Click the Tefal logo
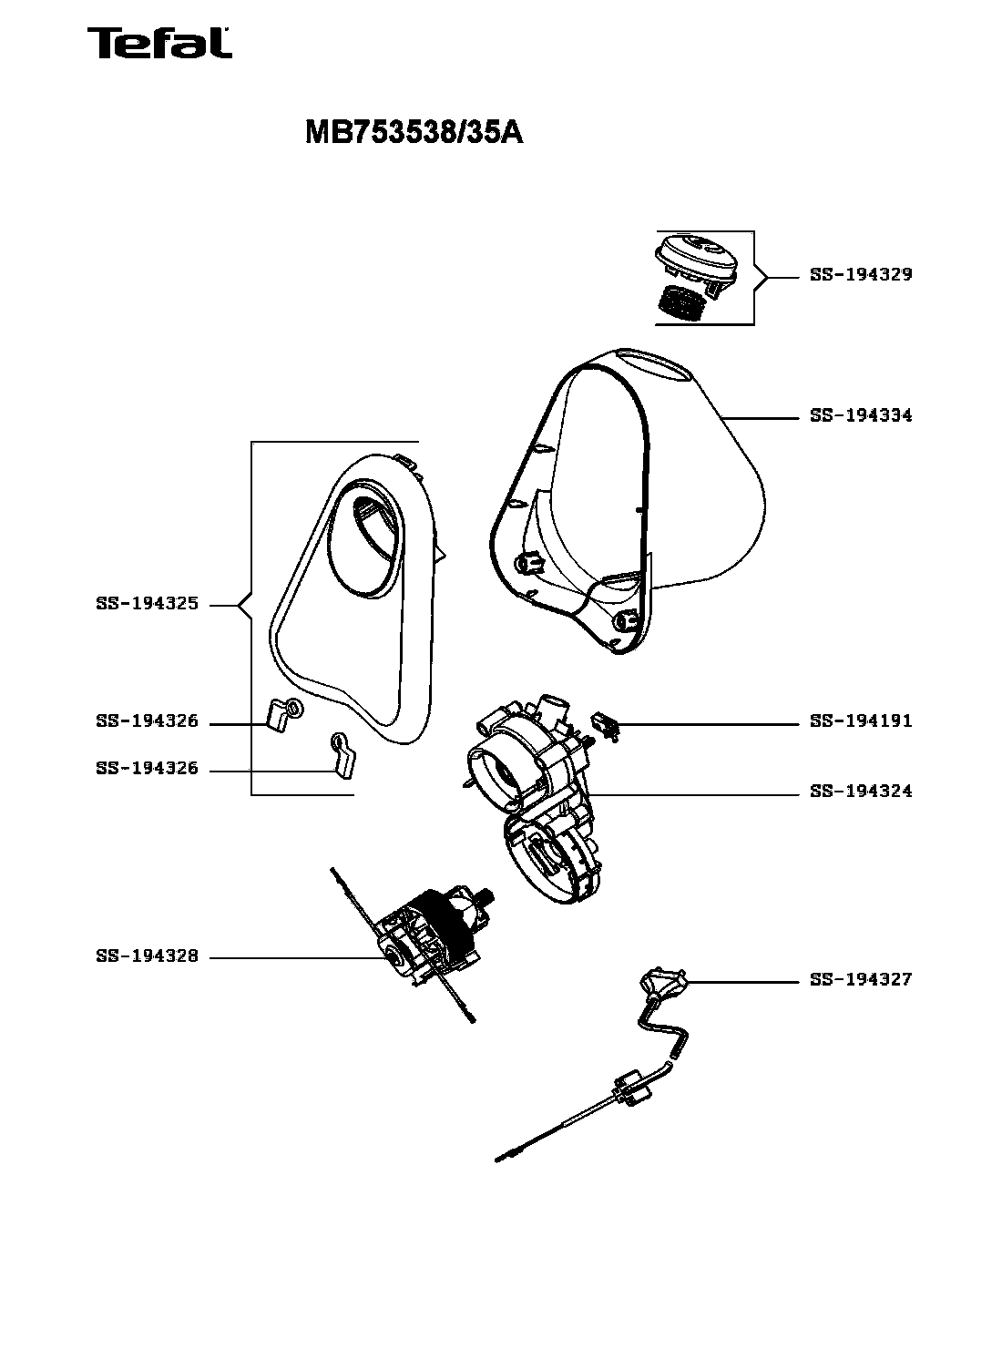tap(159, 43)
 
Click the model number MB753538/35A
tap(414, 132)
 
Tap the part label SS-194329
tap(861, 274)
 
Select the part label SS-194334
tap(861, 415)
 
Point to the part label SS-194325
tap(148, 603)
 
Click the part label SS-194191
tap(861, 720)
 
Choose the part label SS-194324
tap(861, 791)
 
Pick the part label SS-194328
tap(148, 956)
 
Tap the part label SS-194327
tap(861, 979)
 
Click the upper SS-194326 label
tap(148, 720)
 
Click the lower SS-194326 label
tap(148, 768)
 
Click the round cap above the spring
tap(697, 260)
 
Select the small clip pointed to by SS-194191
tap(606, 726)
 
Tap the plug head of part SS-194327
tap(663, 980)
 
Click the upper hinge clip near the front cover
tap(285, 715)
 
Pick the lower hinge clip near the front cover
tap(343, 754)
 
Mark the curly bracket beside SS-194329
tap(761, 277)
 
